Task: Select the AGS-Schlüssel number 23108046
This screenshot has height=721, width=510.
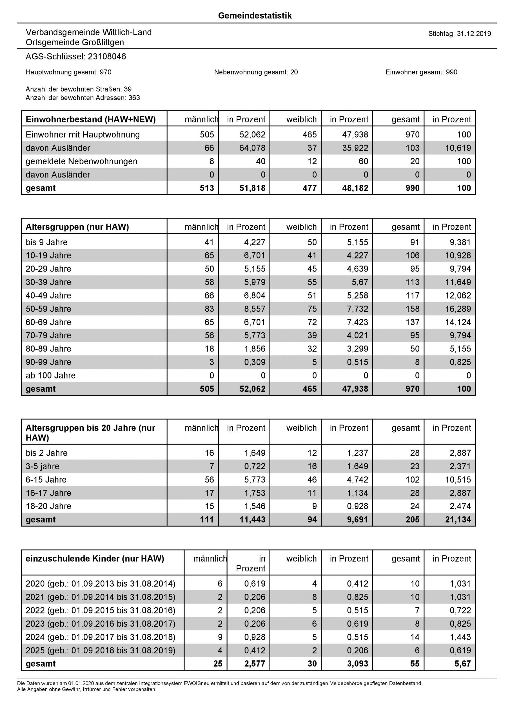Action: point(107,57)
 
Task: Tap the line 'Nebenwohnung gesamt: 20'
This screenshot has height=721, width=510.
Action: point(256,72)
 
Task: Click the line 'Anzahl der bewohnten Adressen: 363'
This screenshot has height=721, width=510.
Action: point(83,98)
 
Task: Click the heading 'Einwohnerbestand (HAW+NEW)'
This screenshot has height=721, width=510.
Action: point(90,120)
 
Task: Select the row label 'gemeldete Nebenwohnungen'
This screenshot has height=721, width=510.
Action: point(81,161)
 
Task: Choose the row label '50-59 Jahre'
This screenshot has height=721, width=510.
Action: point(48,309)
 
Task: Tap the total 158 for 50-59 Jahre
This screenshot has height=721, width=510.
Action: point(412,309)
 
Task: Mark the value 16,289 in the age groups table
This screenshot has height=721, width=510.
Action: point(458,309)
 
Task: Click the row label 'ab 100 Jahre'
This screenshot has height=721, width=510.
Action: point(51,376)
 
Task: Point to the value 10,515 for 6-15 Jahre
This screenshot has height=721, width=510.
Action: point(458,480)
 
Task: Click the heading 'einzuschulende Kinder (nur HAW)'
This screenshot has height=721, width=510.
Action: point(95,559)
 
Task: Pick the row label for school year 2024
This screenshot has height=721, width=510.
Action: point(101,637)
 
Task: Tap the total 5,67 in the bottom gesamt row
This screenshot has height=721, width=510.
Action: point(463,664)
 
